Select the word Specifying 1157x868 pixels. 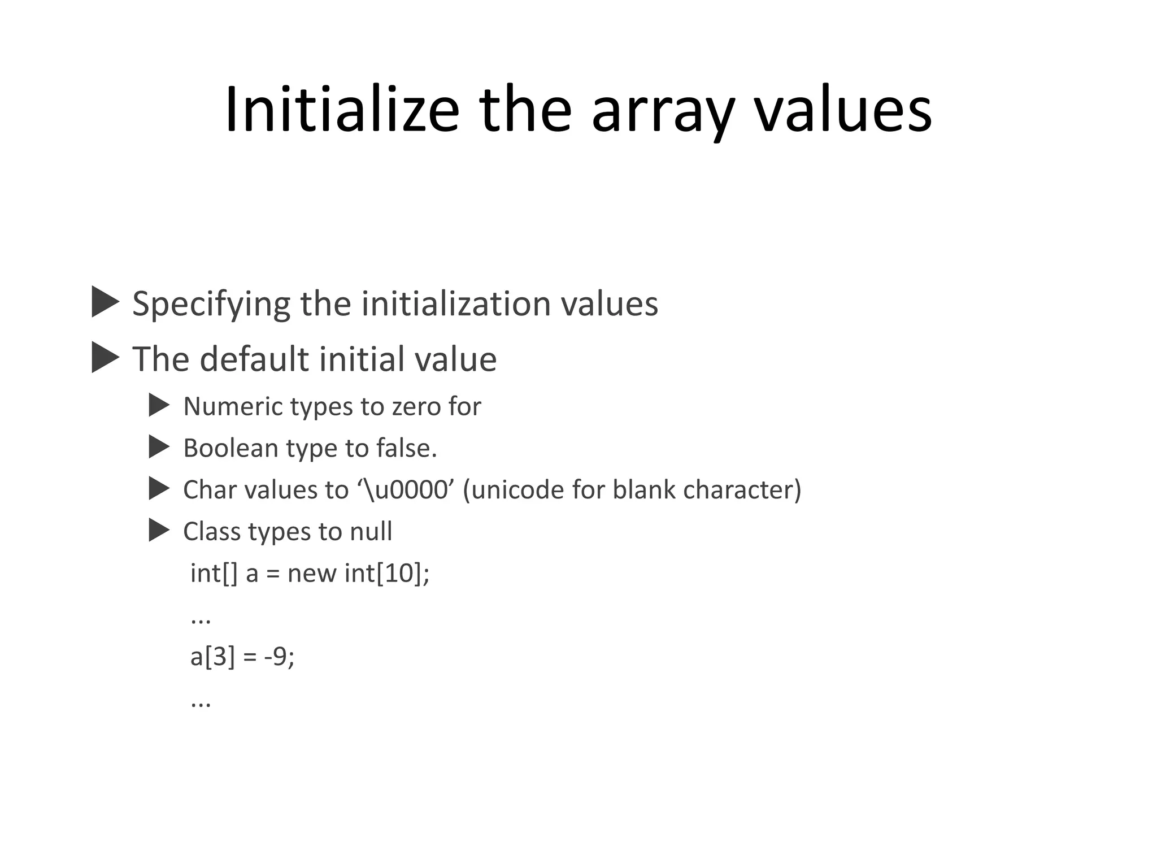[x=211, y=304]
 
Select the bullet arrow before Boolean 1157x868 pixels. [x=159, y=447]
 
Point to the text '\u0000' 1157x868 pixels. [x=406, y=489]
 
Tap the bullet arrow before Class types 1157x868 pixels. [x=159, y=531]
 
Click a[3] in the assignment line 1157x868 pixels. [x=212, y=657]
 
